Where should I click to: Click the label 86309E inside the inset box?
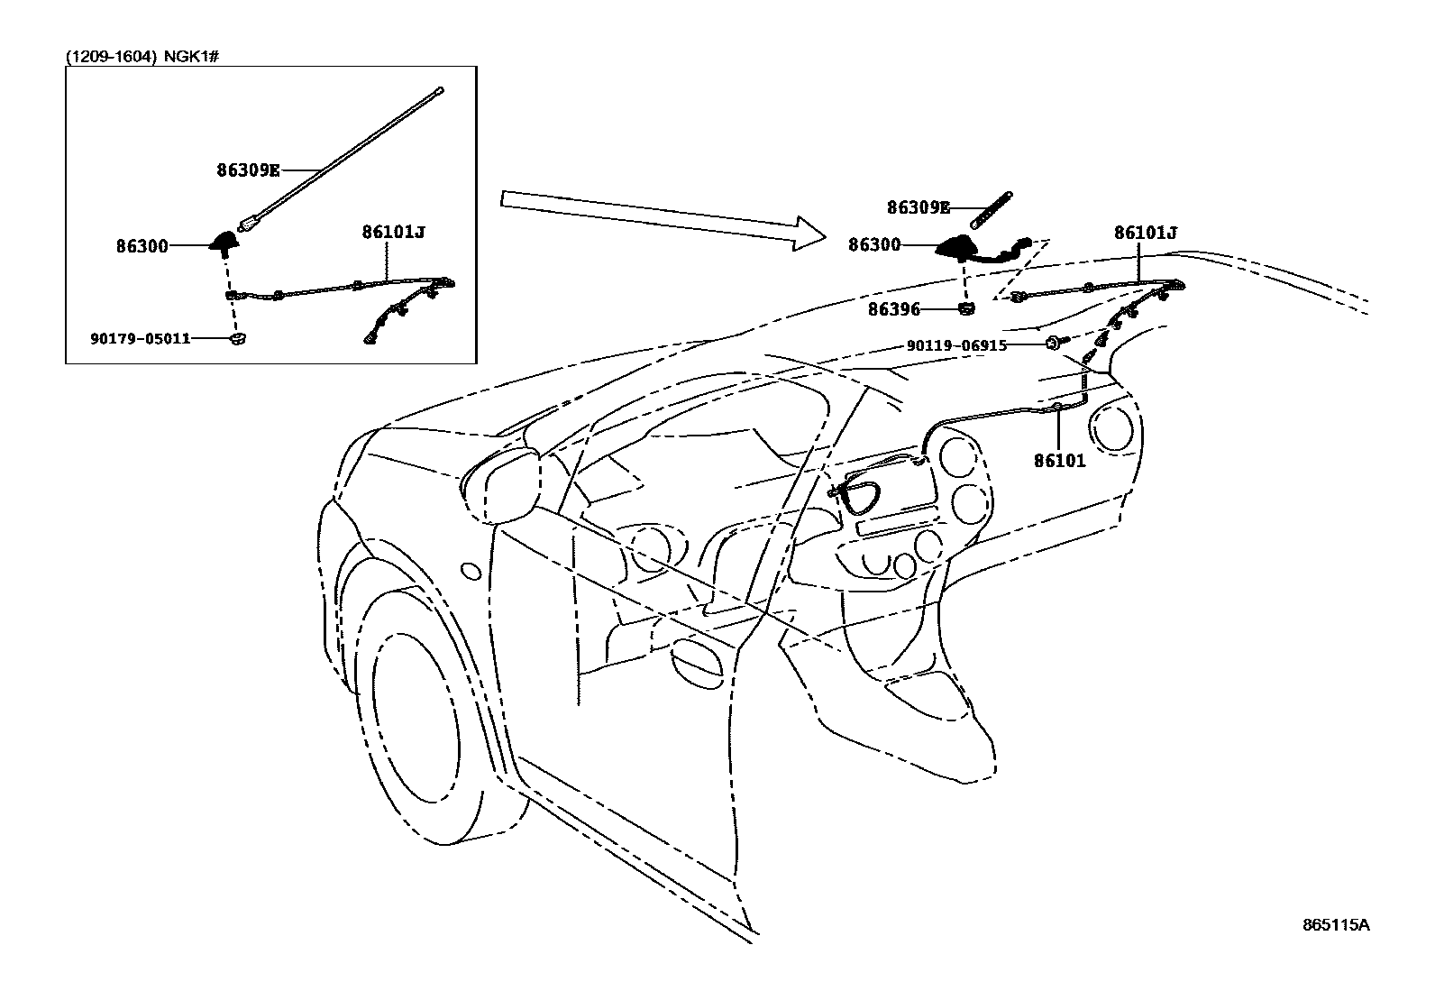pos(248,169)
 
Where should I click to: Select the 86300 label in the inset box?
pos(142,244)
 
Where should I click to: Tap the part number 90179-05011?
pos(140,339)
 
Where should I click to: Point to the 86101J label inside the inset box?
pos(393,232)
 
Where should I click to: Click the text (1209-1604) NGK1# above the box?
pos(143,56)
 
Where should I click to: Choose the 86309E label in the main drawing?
pos(919,207)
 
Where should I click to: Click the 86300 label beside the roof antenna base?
pos(874,244)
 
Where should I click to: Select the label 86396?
pos(894,309)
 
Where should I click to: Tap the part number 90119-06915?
pos(956,345)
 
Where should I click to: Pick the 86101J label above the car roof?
pos(1146,233)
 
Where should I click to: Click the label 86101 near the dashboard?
pos(1059,461)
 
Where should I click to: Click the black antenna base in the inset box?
pos(223,241)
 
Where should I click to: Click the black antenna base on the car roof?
pos(957,245)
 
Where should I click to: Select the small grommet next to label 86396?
pos(965,310)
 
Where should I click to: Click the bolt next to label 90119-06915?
pos(1054,344)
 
